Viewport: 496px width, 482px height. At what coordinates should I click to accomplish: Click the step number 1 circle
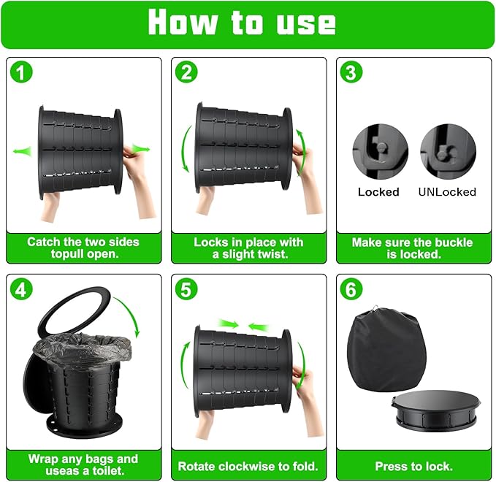(x=21, y=72)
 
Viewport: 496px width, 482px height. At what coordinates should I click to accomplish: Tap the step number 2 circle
(x=186, y=72)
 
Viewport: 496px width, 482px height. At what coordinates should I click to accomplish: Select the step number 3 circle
(x=351, y=72)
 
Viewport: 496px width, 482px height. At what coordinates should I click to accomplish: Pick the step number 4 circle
(x=21, y=288)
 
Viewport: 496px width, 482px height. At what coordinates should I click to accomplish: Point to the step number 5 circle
(x=186, y=288)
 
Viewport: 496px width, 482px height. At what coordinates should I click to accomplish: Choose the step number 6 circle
(x=351, y=288)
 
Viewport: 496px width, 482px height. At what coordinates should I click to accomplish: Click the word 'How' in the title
(x=183, y=22)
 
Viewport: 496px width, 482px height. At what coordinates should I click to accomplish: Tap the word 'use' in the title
(x=306, y=23)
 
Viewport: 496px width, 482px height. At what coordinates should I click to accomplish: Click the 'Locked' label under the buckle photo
(x=378, y=192)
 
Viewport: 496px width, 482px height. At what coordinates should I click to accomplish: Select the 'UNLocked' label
(x=447, y=192)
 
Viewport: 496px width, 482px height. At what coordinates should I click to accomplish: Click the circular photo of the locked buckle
(x=381, y=152)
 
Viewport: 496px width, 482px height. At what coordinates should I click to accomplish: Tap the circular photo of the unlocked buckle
(x=448, y=152)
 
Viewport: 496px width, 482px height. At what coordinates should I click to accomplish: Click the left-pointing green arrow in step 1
(x=23, y=151)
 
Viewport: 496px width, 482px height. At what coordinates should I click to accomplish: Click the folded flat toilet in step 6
(x=438, y=410)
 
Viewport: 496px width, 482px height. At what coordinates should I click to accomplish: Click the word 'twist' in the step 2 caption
(x=271, y=254)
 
